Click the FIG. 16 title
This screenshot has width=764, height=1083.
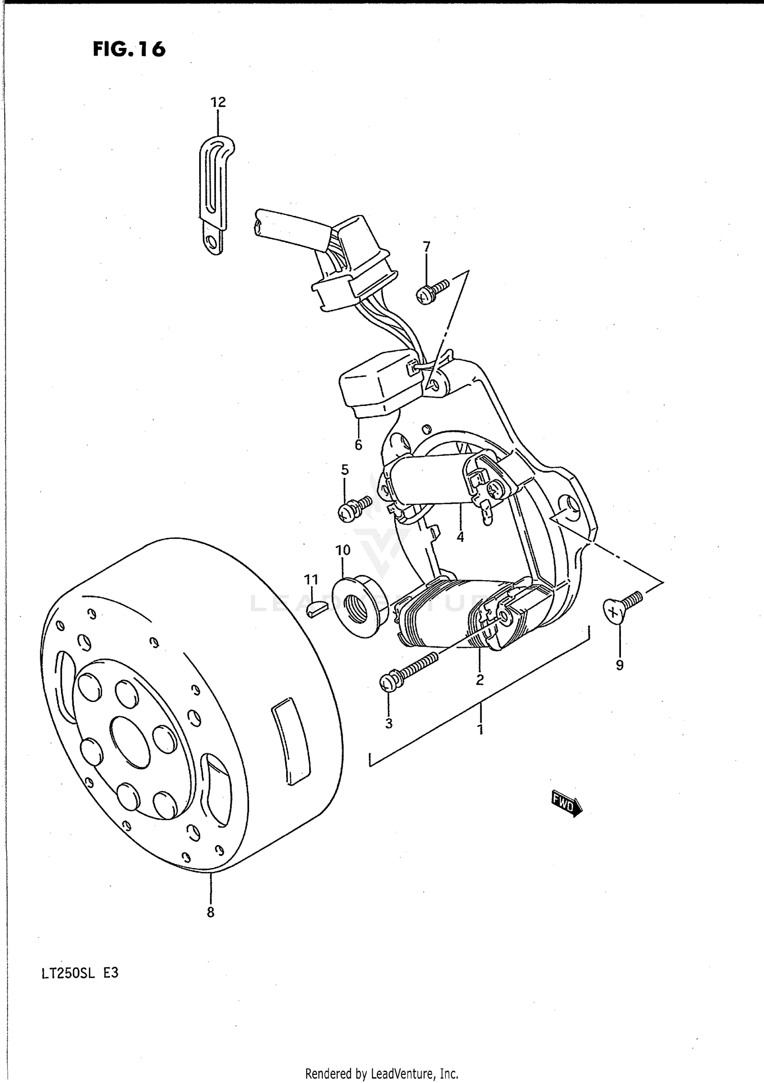[x=129, y=49]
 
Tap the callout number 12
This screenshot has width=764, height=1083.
[x=218, y=102]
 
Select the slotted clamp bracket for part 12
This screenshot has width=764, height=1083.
[x=215, y=195]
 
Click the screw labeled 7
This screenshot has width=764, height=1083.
[x=433, y=291]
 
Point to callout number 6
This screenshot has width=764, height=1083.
[x=358, y=445]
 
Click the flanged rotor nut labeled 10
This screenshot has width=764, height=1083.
[x=360, y=607]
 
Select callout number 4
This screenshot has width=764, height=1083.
[x=460, y=537]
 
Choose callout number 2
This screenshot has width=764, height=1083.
[x=479, y=680]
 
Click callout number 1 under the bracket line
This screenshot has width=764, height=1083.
[x=479, y=729]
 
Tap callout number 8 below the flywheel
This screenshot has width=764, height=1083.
[x=210, y=912]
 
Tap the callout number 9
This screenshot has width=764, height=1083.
[x=619, y=665]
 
